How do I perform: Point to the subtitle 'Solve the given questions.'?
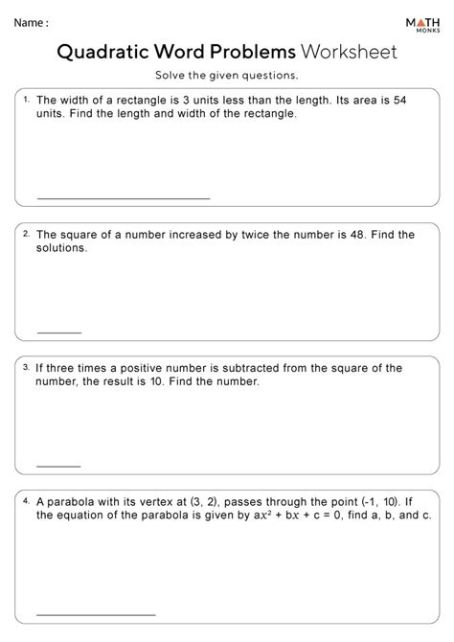pos(227,76)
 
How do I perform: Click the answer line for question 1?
pos(123,198)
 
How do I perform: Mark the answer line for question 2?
pos(59,332)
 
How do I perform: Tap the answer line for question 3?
pos(59,467)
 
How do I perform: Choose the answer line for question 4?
pos(96,613)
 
